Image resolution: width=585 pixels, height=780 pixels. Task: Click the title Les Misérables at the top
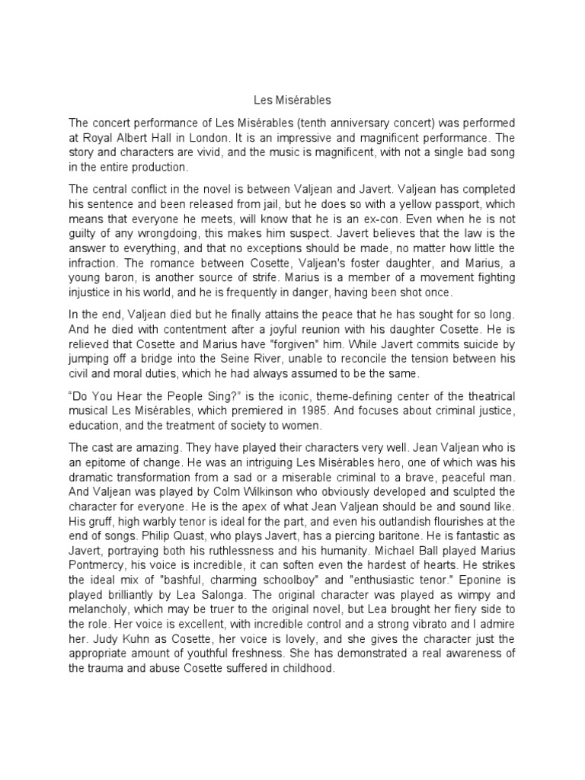pos(292,99)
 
